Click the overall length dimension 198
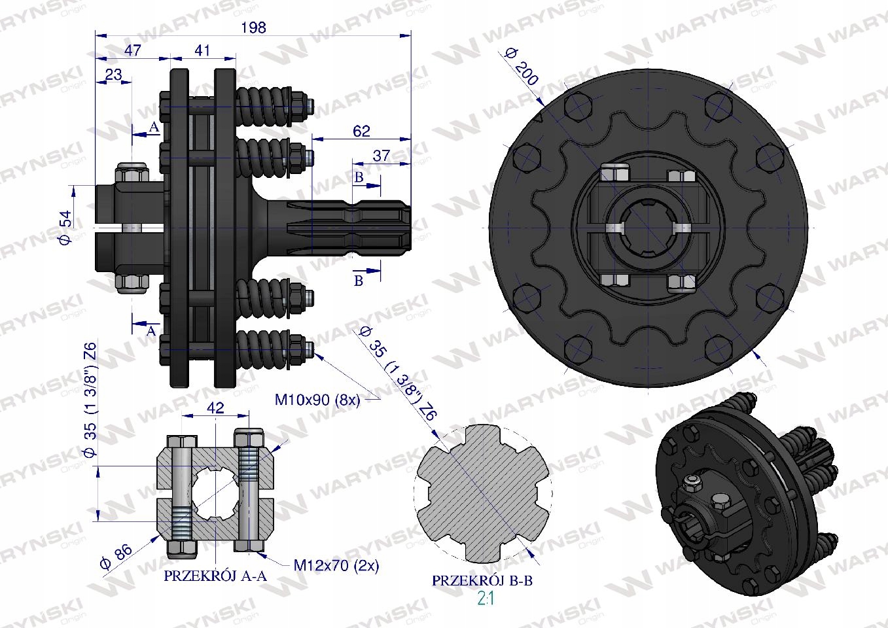[x=254, y=27]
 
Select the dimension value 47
[x=132, y=50]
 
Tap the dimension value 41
[x=202, y=50]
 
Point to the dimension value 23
[x=114, y=74]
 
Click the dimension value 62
[x=361, y=131]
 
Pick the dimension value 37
[x=382, y=156]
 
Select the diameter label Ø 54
[x=65, y=227]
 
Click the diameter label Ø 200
[x=522, y=66]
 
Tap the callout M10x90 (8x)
[x=317, y=400]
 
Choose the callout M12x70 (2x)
[x=336, y=565]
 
